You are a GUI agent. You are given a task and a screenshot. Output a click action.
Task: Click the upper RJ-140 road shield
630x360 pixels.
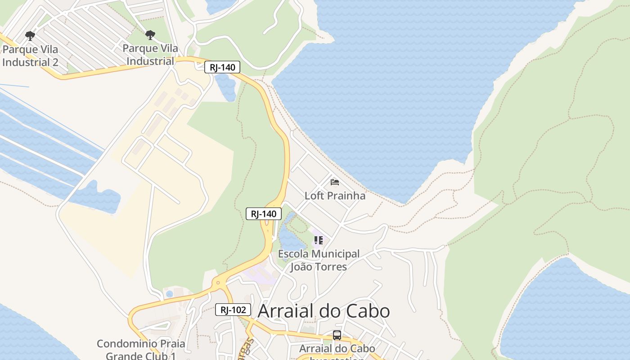click(222, 67)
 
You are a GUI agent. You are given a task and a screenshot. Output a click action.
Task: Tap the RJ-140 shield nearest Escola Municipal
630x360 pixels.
click(264, 214)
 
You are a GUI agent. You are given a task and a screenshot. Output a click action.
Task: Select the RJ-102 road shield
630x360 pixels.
click(233, 310)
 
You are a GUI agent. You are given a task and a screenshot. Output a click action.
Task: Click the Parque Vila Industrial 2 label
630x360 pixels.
click(30, 56)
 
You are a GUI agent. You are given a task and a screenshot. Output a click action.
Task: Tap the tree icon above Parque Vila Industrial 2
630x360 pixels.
click(30, 36)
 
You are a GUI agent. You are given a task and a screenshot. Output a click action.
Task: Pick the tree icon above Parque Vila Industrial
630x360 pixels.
click(150, 35)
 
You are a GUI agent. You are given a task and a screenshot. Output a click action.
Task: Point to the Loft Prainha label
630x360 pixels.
click(335, 196)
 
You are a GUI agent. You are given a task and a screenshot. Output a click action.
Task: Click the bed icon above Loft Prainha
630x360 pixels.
click(335, 182)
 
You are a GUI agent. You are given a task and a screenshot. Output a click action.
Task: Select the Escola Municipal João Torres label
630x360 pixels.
click(319, 260)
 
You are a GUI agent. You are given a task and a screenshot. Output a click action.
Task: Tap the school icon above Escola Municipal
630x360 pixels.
click(319, 240)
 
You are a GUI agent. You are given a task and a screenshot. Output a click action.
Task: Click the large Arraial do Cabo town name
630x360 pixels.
click(324, 311)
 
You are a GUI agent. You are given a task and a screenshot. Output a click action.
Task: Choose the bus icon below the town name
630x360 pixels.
click(337, 335)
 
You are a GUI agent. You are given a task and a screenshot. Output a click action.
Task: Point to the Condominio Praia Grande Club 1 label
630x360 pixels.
click(141, 350)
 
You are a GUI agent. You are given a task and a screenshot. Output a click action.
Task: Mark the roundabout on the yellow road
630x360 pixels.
click(218, 283)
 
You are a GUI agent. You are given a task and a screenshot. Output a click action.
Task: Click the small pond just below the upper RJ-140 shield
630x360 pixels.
click(226, 87)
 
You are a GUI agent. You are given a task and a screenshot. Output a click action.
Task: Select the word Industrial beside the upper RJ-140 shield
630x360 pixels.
click(150, 61)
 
